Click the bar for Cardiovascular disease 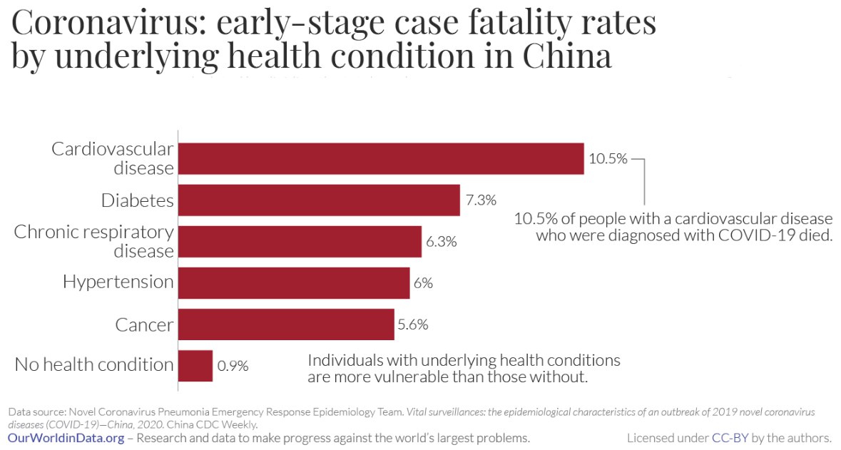click(x=381, y=158)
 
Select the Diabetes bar click(x=319, y=200)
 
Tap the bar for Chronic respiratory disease click(x=300, y=242)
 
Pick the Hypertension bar click(x=294, y=283)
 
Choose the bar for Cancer click(x=286, y=324)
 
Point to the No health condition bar click(x=195, y=365)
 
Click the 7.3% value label click(x=481, y=200)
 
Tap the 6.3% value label click(x=442, y=242)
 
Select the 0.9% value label click(x=233, y=366)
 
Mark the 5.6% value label click(x=413, y=324)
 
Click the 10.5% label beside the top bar click(x=606, y=159)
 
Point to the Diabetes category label click(x=138, y=200)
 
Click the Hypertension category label click(x=118, y=282)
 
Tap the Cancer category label click(x=145, y=325)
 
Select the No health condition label click(x=94, y=365)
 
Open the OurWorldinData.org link click(x=66, y=437)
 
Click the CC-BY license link click(x=730, y=437)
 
